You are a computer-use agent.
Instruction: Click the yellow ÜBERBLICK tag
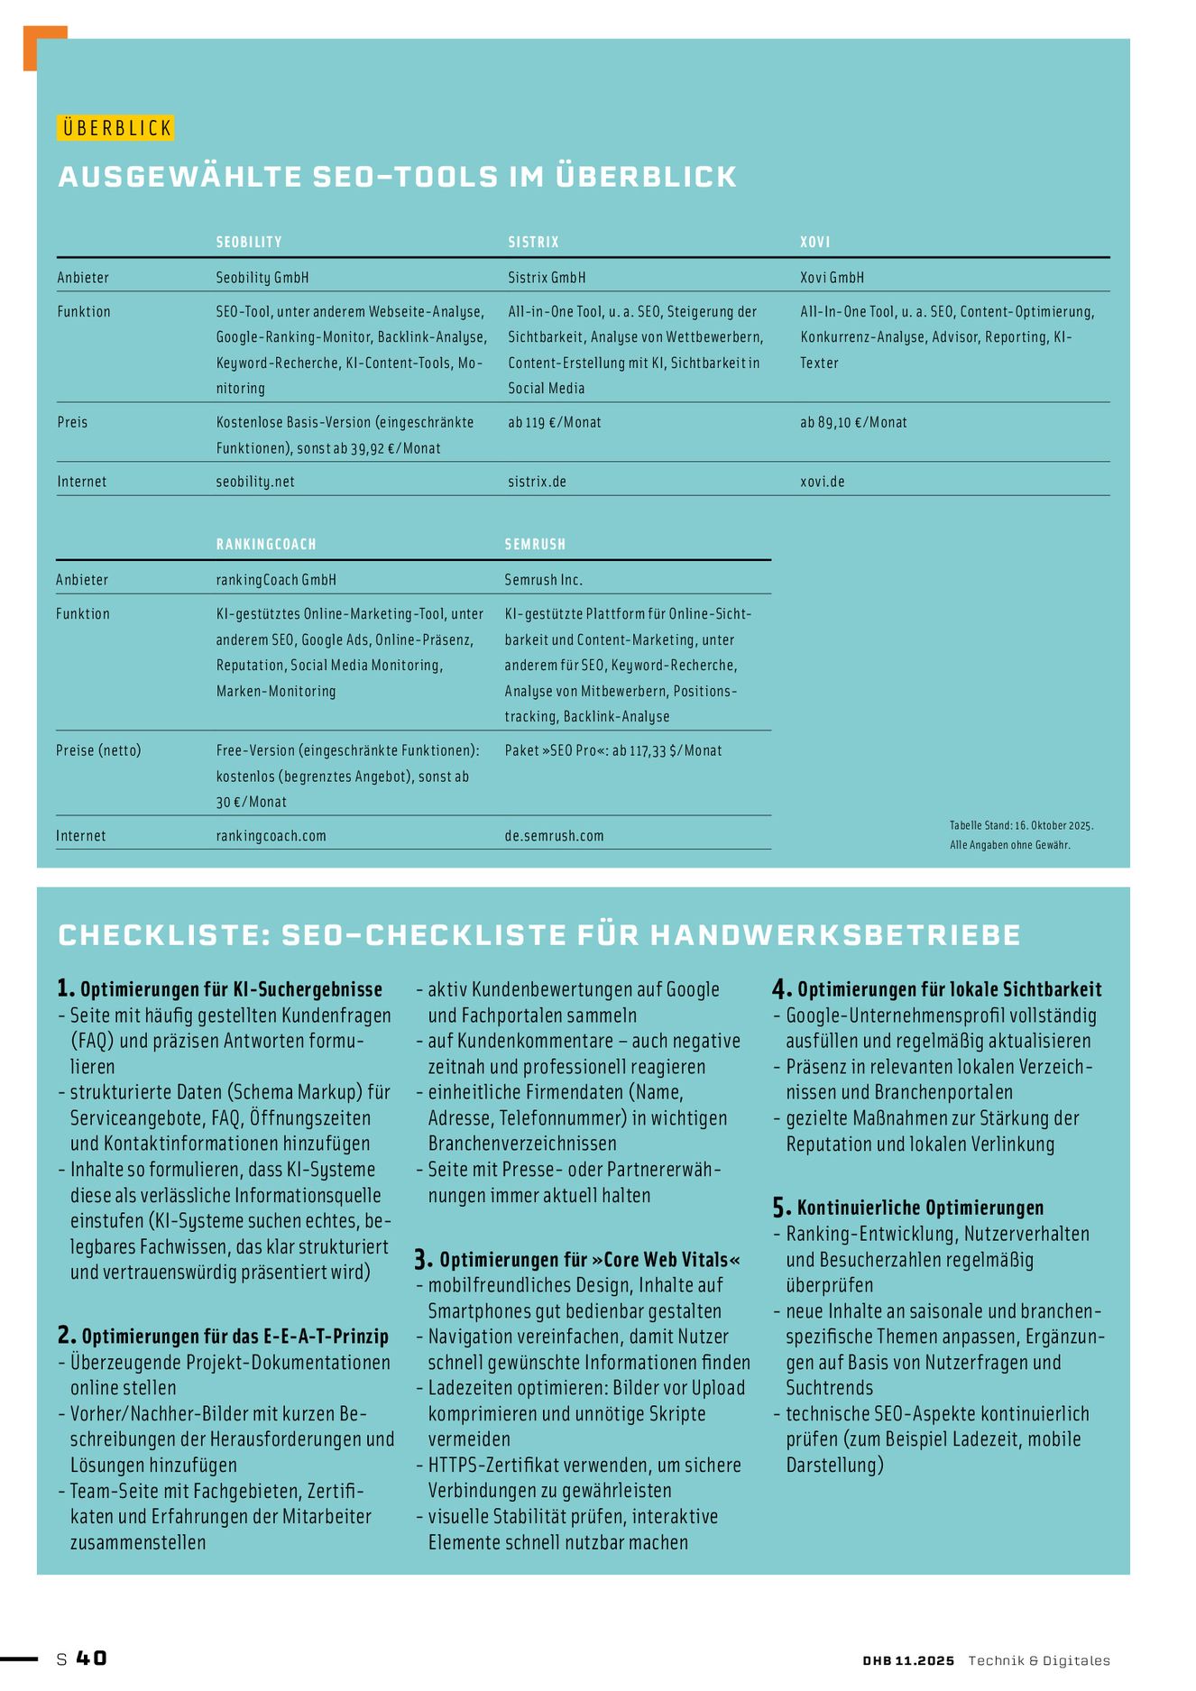pos(115,128)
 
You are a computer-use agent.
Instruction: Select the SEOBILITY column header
pos(249,242)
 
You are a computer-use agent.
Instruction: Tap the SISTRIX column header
pos(533,242)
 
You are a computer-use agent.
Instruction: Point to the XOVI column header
pos(814,242)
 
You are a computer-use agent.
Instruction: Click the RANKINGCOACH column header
pos(266,544)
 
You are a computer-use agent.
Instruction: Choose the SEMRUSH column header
pos(535,544)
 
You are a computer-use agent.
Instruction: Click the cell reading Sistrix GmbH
pos(547,277)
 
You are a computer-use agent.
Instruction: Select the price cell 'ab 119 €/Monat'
pos(554,422)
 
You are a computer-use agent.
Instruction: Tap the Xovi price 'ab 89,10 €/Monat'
pos(853,422)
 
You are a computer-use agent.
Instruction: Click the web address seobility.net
pos(255,482)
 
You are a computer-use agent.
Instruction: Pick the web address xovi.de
pos(822,482)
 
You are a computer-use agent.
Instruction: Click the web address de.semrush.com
pos(554,836)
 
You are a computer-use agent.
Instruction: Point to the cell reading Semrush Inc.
pos(543,580)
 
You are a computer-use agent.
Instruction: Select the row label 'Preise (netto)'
pos(98,750)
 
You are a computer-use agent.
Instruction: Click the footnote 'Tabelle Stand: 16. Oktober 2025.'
pos(1021,825)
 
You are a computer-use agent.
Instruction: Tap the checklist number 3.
pos(423,1259)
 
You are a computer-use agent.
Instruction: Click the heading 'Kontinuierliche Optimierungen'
pos(920,1208)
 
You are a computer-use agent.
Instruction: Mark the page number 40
pos(91,1658)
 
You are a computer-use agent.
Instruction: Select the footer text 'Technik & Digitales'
pos(1039,1660)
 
